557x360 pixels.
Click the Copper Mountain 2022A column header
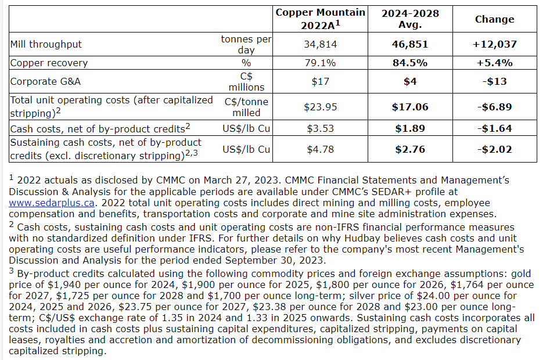tap(321, 19)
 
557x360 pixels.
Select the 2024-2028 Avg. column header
tap(410, 19)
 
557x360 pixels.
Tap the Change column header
tap(494, 19)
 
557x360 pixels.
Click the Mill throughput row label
tap(46, 44)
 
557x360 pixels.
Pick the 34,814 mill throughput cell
tap(321, 44)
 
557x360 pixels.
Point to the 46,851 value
tap(410, 44)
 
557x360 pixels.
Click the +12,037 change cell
tap(494, 44)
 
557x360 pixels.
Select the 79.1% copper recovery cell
tap(321, 63)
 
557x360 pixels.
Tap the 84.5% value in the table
tap(410, 63)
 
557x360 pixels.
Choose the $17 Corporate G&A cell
tap(321, 81)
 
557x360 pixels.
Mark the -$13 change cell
tap(494, 81)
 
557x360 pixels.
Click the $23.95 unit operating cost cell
tap(321, 107)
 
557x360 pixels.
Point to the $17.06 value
tap(410, 107)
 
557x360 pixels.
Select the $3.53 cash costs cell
tap(321, 128)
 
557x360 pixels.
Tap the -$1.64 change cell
tap(494, 128)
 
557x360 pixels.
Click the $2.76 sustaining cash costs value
tap(410, 149)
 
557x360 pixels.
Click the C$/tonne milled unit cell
tap(246, 106)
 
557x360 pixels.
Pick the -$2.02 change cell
tap(494, 149)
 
